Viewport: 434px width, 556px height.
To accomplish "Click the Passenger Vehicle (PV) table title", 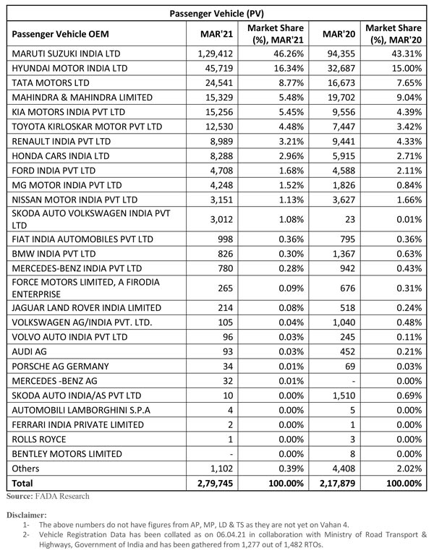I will [216, 13].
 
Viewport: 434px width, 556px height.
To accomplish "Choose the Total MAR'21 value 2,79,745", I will [214, 482].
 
